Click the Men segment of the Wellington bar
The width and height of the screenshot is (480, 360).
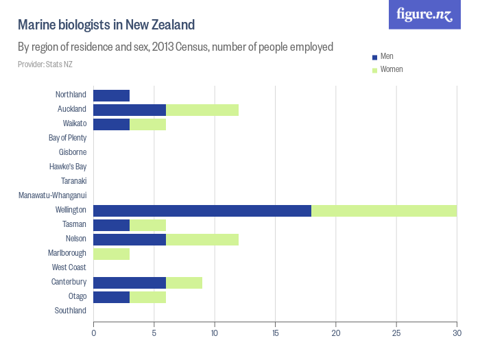[202, 211]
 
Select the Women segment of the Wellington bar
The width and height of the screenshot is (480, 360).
[384, 211]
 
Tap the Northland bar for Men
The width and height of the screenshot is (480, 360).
[111, 95]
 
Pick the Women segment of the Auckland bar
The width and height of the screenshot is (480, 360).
[202, 110]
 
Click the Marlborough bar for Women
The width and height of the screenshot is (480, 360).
[111, 254]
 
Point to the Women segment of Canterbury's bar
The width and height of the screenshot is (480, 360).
[184, 283]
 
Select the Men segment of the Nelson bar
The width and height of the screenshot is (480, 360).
[130, 239]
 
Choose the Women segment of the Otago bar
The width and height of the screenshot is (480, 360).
[147, 297]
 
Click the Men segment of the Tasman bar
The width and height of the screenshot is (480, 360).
[111, 225]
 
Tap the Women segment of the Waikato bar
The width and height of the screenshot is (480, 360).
[147, 124]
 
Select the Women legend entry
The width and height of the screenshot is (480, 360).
[391, 70]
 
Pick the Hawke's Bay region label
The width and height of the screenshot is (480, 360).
[68, 167]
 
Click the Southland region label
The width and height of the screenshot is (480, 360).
[70, 311]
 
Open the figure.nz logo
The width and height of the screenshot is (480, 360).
[424, 14]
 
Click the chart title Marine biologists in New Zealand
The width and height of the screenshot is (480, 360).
[106, 25]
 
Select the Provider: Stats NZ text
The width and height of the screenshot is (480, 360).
[45, 64]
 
